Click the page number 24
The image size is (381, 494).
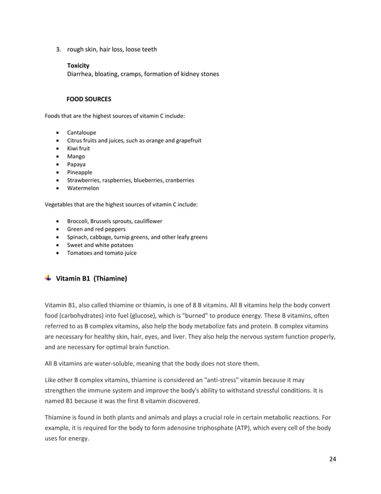333,459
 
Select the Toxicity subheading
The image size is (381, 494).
78,65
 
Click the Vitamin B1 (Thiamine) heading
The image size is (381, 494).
91,278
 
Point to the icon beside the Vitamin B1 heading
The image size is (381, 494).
48,278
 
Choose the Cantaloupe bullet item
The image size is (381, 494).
81,132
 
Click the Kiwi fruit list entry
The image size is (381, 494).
78,148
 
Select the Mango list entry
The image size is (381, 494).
76,156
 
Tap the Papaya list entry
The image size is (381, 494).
76,164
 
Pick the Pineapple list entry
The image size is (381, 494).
79,172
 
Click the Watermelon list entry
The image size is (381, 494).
83,188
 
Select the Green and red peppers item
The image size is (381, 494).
96,229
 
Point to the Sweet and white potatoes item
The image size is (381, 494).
100,245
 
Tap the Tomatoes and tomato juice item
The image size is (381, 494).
102,253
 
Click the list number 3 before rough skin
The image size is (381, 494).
59,49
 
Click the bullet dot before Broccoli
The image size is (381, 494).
56,221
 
